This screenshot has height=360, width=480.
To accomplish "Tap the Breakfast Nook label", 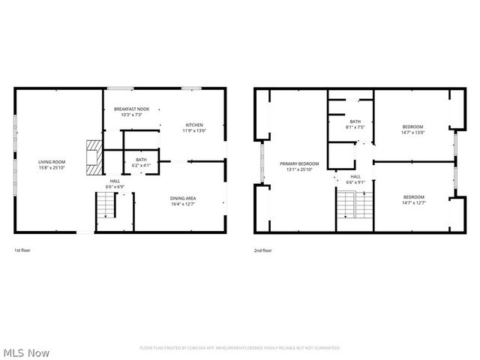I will point(131,109).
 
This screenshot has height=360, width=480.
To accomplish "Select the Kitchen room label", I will point(193,125).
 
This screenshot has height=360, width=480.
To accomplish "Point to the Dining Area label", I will point(183,198).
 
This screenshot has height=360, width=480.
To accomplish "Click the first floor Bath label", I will point(141,160).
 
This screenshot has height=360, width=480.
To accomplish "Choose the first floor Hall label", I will point(115,181).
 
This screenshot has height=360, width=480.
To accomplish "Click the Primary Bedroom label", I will point(299,163).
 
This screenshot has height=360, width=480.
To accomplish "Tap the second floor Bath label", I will point(355,121).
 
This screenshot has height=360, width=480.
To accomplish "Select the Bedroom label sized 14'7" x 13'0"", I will point(413,127).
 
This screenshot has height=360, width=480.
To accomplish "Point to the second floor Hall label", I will point(355,177).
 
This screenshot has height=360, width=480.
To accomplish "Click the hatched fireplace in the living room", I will point(91,157).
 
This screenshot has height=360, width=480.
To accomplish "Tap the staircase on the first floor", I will point(106,205).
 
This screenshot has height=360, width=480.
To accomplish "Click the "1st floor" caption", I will point(22,250).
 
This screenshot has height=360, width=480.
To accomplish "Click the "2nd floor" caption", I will point(262,250).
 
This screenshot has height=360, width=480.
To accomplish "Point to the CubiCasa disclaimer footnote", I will point(240,348).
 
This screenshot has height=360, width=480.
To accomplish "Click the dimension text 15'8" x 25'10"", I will point(52,167).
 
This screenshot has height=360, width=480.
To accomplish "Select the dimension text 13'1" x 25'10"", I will point(299,169).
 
